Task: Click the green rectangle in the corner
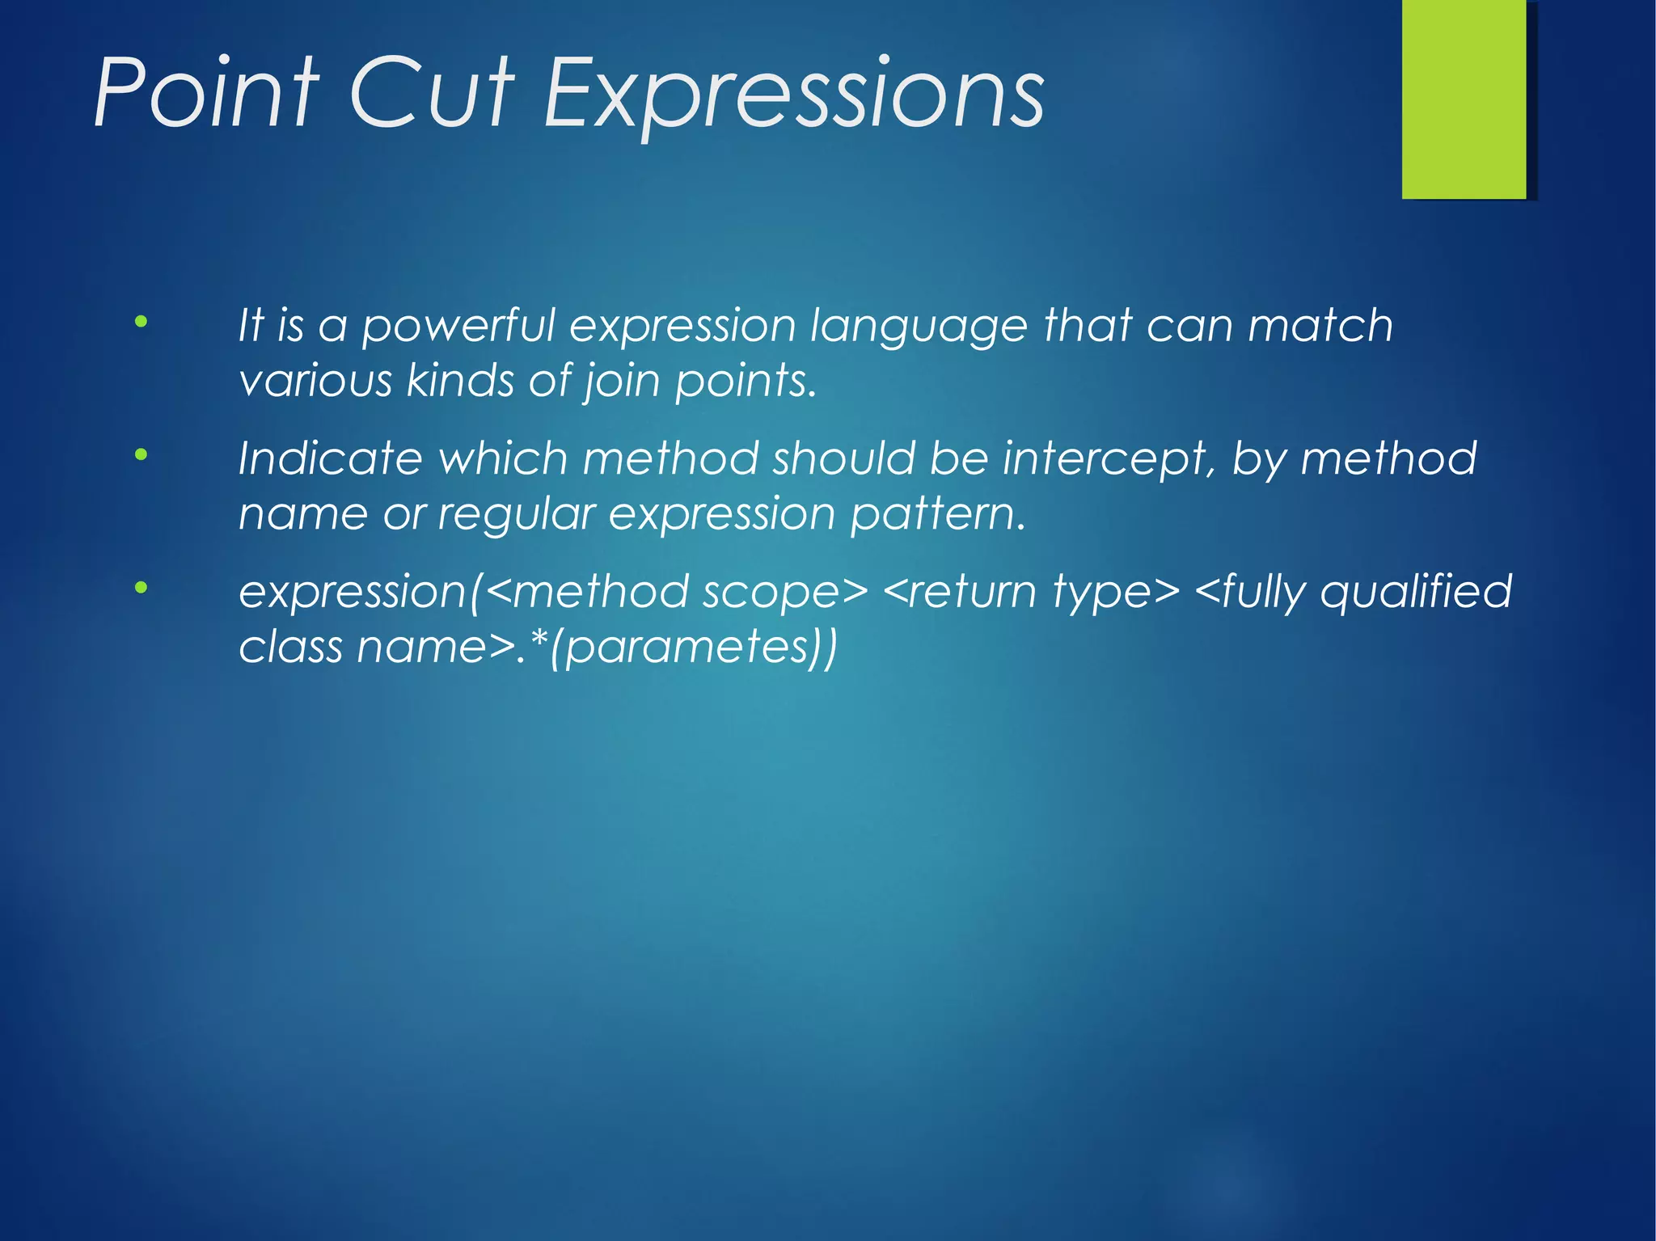(x=1464, y=99)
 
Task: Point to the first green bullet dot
(x=142, y=322)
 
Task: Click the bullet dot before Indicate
(x=142, y=455)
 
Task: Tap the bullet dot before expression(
(x=142, y=588)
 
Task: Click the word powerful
(x=458, y=327)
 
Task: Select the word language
(x=919, y=327)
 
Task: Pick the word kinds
(x=459, y=380)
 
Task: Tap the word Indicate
(x=330, y=458)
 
